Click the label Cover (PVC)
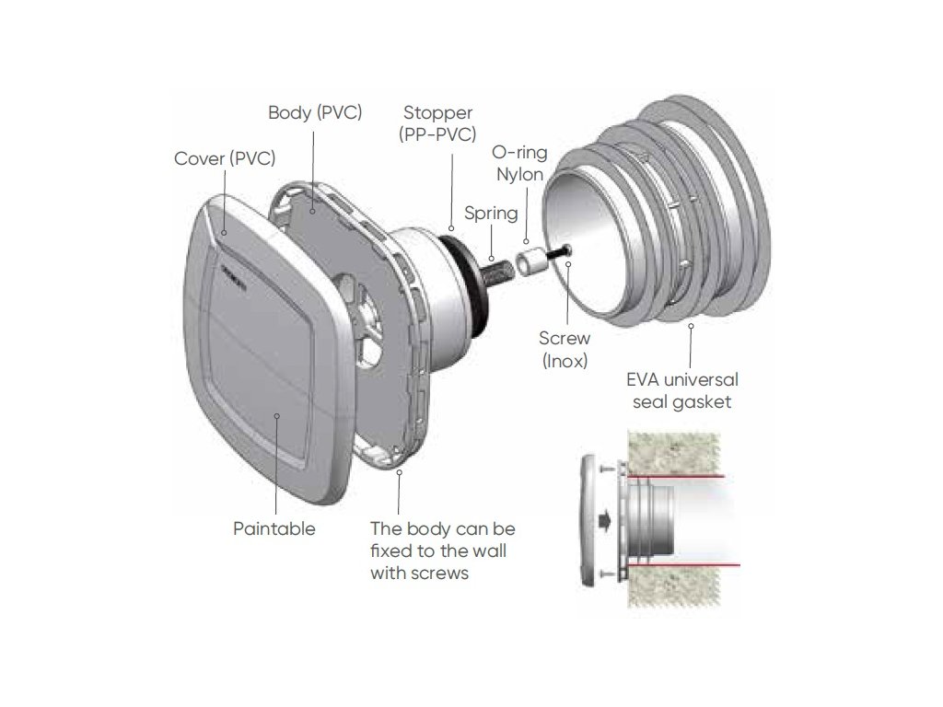(x=225, y=158)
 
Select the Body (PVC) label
(x=315, y=113)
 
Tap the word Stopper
(x=438, y=113)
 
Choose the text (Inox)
(x=564, y=361)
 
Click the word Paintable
(x=274, y=528)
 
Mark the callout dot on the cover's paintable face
(x=277, y=417)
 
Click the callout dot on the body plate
(x=314, y=211)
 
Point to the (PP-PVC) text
(x=438, y=135)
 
